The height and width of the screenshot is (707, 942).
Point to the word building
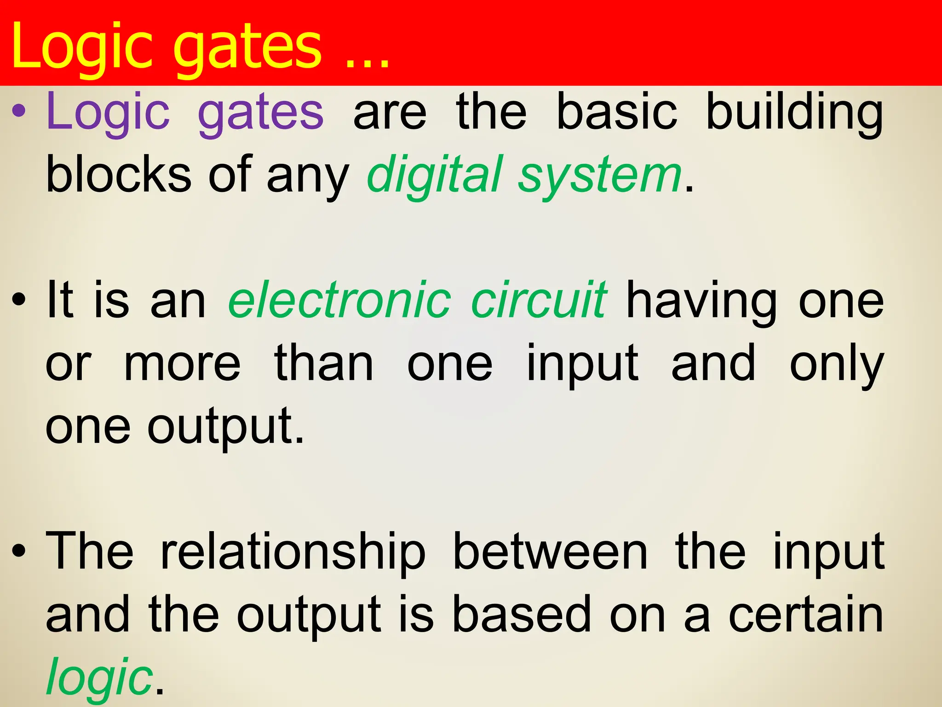point(794,113)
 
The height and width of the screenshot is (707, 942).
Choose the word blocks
point(119,175)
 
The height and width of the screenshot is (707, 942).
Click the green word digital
point(435,175)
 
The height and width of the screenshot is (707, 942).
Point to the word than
point(324,364)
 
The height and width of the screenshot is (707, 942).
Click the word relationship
point(293,552)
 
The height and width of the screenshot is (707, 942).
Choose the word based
point(522,614)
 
